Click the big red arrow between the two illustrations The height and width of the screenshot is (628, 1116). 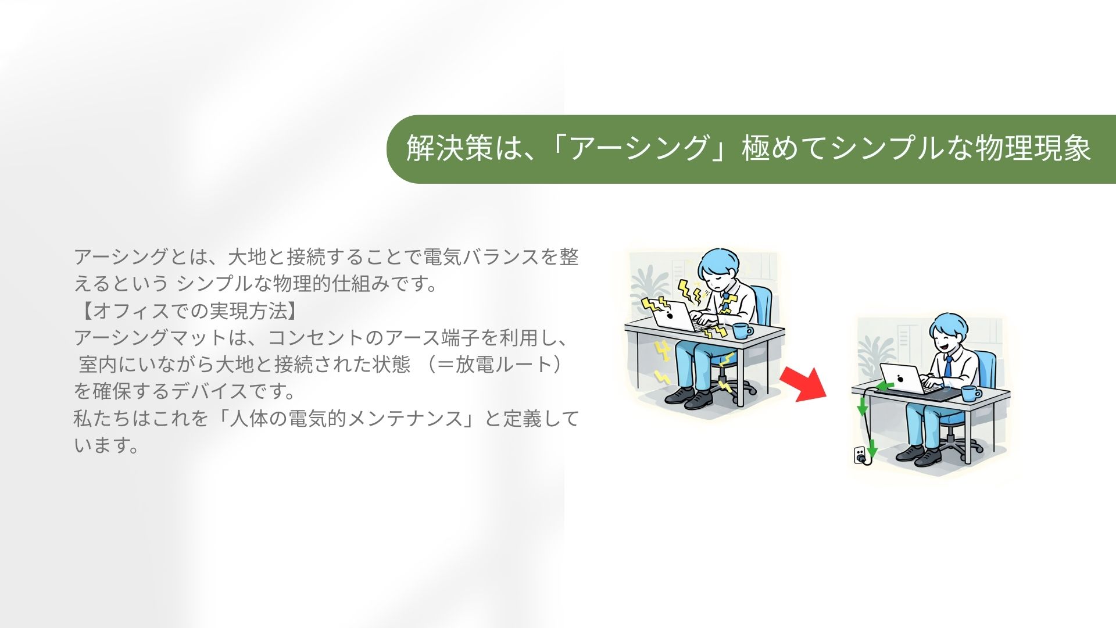click(804, 384)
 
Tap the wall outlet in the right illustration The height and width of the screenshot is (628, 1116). click(859, 455)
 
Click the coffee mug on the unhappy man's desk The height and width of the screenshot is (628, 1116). click(742, 331)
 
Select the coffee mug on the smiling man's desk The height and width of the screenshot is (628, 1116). click(970, 393)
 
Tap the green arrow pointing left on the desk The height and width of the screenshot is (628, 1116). click(885, 386)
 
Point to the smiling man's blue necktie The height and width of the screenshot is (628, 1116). click(948, 367)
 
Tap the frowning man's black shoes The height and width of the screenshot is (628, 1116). click(689, 397)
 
